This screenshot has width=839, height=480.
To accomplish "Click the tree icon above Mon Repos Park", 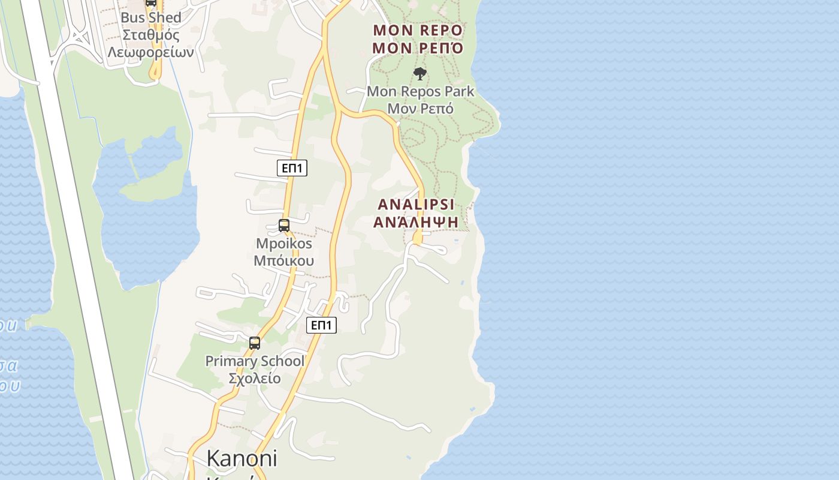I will [420, 74].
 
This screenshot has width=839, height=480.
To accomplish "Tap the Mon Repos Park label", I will [420, 92].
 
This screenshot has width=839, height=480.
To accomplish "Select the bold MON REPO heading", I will [418, 30].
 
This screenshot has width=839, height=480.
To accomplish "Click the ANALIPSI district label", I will [416, 204].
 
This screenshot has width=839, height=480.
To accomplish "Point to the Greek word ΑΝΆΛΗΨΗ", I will [416, 222].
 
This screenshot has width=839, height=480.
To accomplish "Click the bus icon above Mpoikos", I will [284, 226].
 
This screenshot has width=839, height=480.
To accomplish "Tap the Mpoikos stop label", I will [284, 244].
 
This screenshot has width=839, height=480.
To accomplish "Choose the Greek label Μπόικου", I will [284, 260].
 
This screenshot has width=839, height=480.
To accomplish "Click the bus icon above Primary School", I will [255, 343].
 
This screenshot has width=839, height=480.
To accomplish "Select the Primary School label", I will [255, 361].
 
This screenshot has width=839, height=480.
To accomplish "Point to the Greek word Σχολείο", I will [255, 379].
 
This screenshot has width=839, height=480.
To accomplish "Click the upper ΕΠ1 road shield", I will [292, 168].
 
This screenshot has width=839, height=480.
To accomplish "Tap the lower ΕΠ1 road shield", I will [322, 325].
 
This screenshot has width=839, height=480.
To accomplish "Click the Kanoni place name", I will [242, 458].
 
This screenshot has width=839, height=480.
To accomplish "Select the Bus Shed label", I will [150, 18].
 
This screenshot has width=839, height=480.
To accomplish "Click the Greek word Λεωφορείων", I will [150, 52].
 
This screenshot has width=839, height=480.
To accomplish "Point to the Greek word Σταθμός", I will [150, 35].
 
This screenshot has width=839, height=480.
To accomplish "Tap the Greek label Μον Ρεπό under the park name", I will [420, 109].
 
